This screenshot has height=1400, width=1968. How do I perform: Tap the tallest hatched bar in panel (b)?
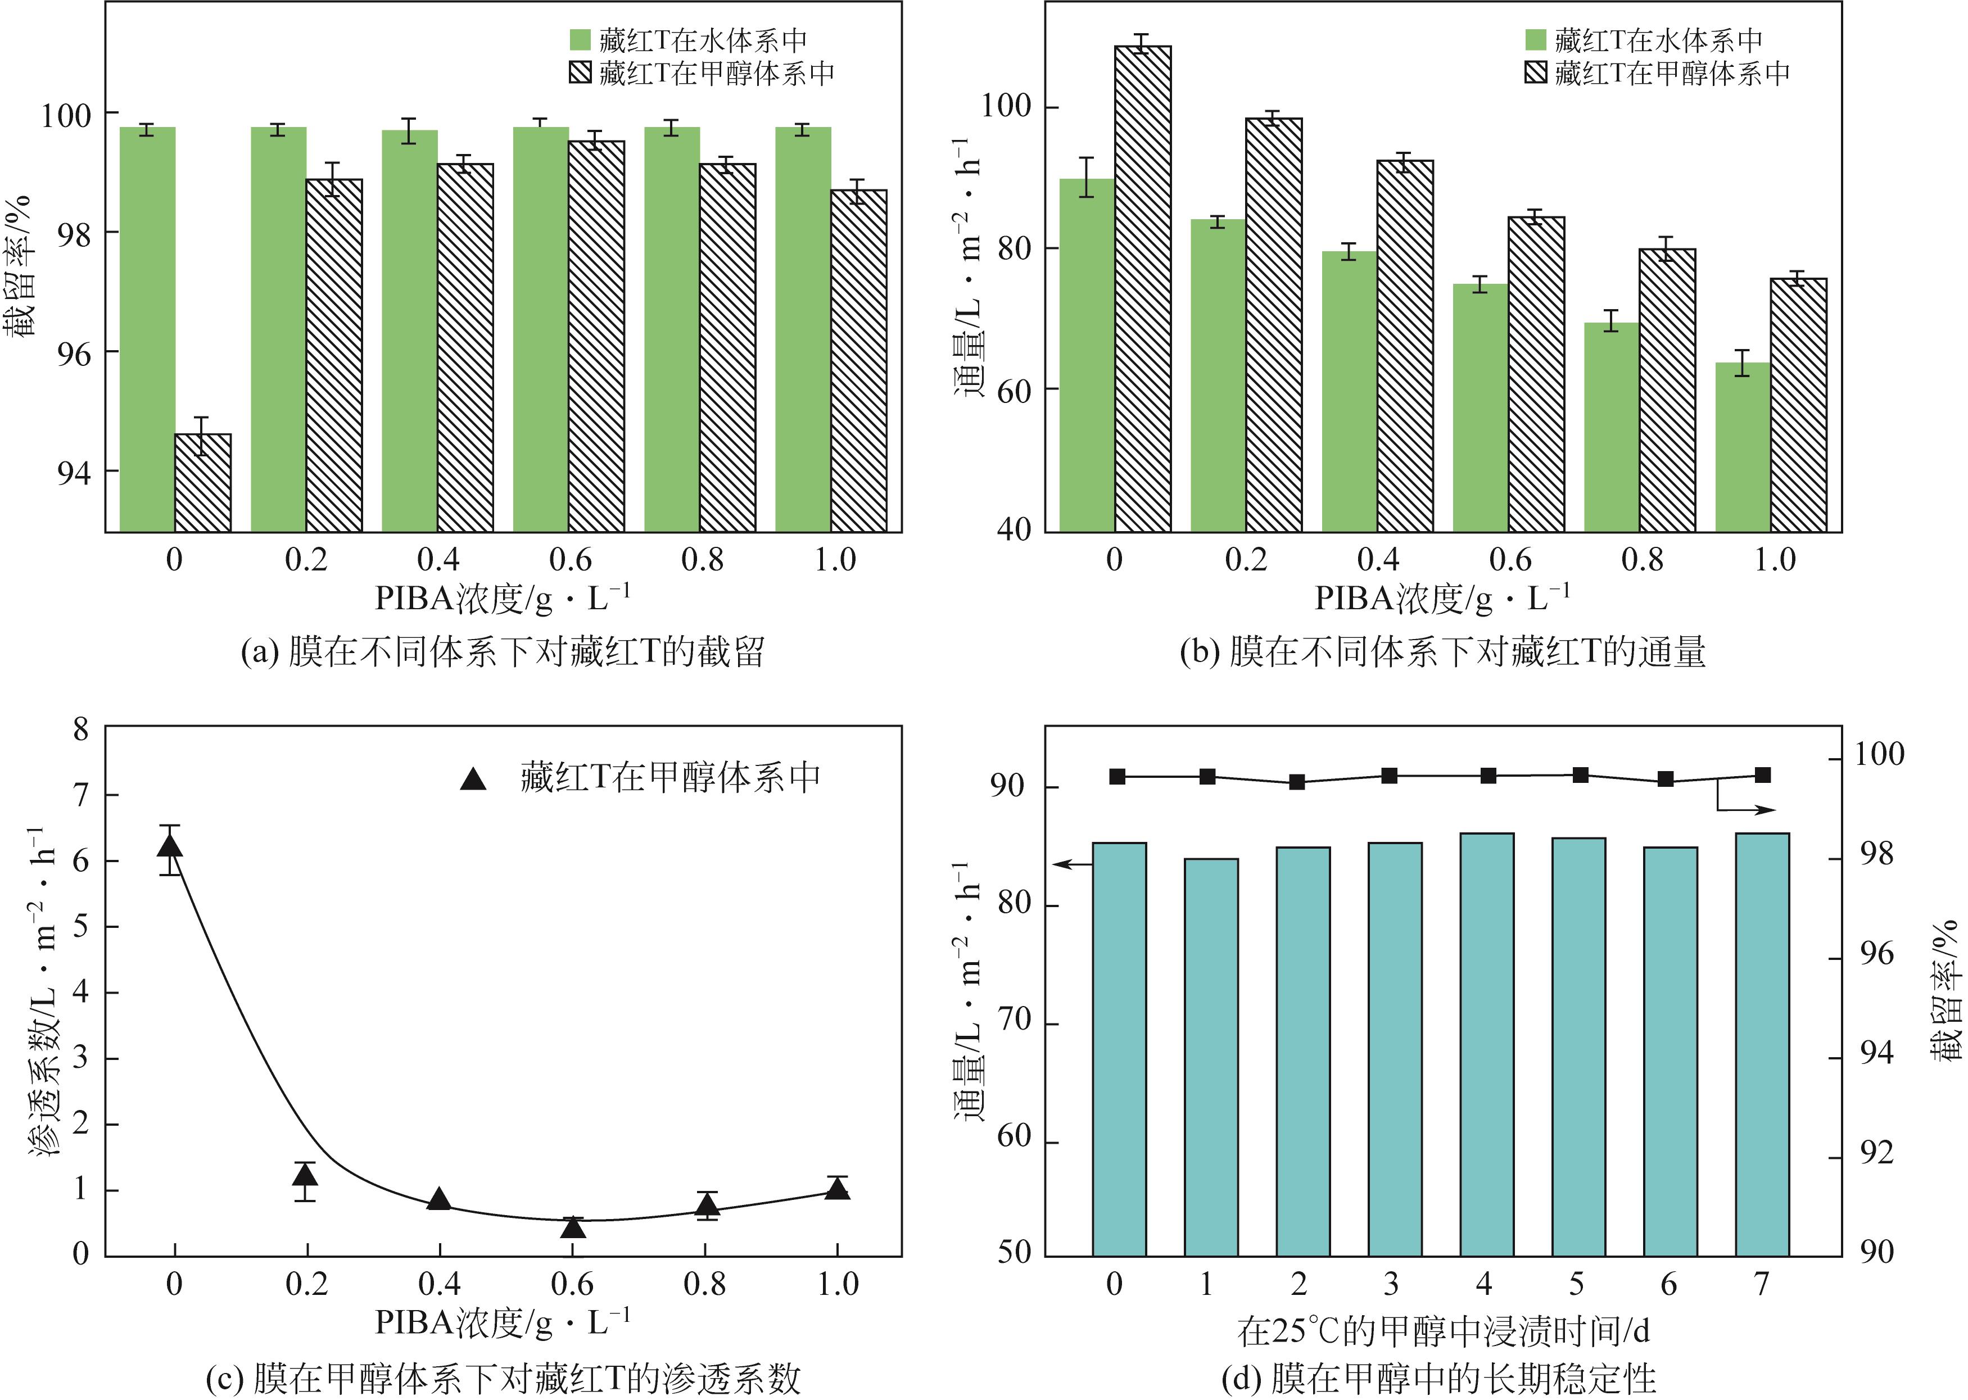(x=1142, y=289)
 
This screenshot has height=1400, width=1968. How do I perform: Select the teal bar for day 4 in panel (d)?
(x=1487, y=1044)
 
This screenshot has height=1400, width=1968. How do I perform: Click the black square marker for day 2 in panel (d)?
(x=1296, y=782)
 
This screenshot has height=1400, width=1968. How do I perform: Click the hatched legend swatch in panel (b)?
(x=1535, y=73)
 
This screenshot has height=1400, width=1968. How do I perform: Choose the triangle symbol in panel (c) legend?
(x=473, y=778)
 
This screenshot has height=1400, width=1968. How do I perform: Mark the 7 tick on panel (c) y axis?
(x=80, y=795)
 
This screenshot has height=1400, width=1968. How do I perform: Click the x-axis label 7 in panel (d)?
(x=1761, y=1284)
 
